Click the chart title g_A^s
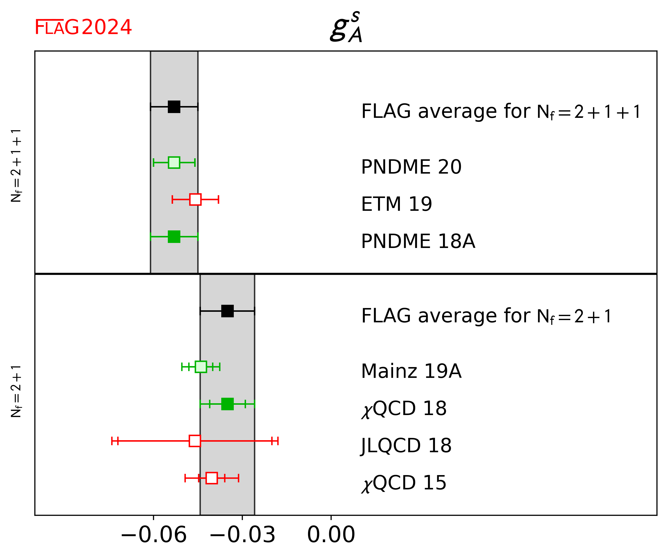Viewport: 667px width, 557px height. pyautogui.click(x=346, y=27)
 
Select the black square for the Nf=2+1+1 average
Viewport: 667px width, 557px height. pyautogui.click(x=174, y=107)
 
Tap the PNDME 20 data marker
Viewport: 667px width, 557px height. pyautogui.click(x=174, y=163)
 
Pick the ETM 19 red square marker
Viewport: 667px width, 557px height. pyautogui.click(x=195, y=200)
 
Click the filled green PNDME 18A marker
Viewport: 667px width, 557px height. pyautogui.click(x=174, y=237)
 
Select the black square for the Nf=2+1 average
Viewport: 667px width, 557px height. pyautogui.click(x=228, y=311)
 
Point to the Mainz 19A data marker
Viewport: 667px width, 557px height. pyautogui.click(x=201, y=367)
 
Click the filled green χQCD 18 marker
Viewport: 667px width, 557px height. pyautogui.click(x=228, y=404)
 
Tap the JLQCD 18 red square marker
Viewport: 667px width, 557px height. pyautogui.click(x=195, y=441)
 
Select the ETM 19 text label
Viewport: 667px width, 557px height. pyautogui.click(x=396, y=204)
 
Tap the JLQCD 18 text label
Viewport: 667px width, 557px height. pyautogui.click(x=406, y=445)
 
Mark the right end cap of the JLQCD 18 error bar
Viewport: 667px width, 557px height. pyautogui.click(x=278, y=441)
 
